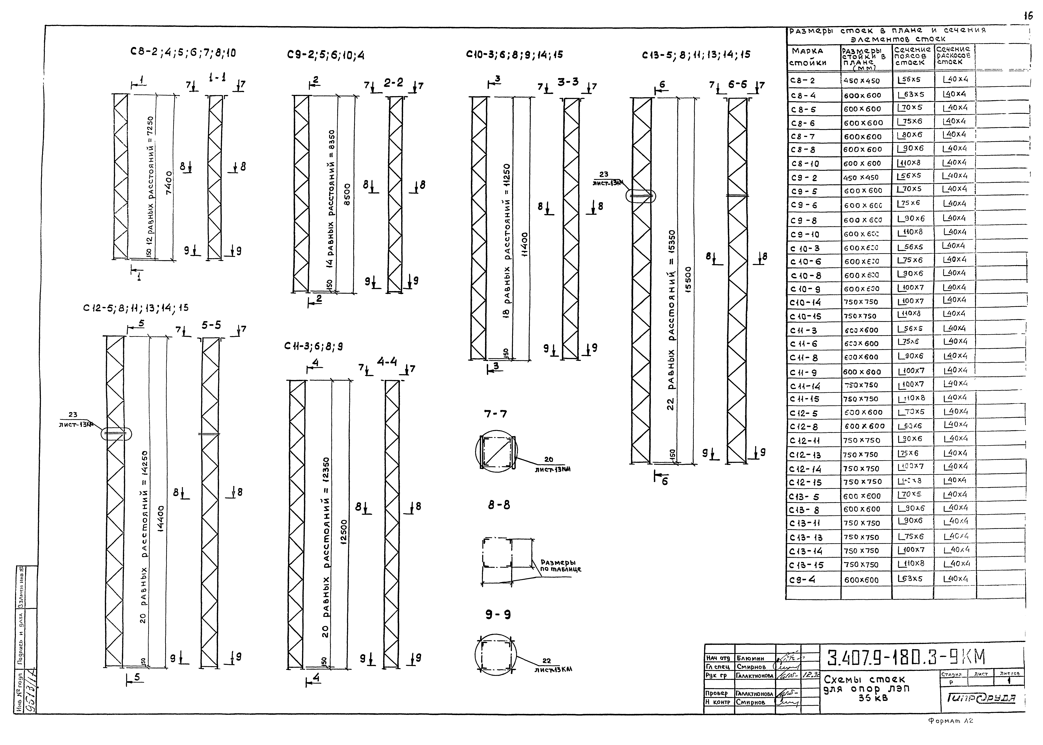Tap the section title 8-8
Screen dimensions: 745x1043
click(499, 505)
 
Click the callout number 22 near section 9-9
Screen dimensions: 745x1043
click(546, 661)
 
